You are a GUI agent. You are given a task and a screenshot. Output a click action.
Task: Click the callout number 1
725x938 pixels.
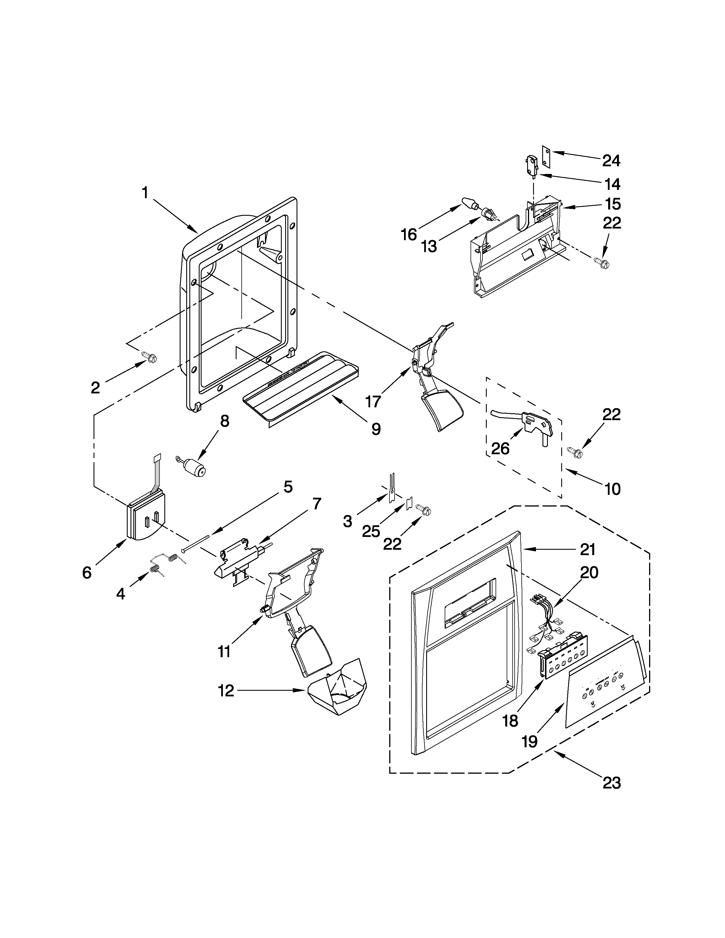(x=145, y=193)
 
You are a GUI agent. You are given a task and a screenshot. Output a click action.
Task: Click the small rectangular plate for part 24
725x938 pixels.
(x=546, y=155)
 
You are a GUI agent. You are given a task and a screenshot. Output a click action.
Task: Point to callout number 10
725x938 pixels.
(x=612, y=489)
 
